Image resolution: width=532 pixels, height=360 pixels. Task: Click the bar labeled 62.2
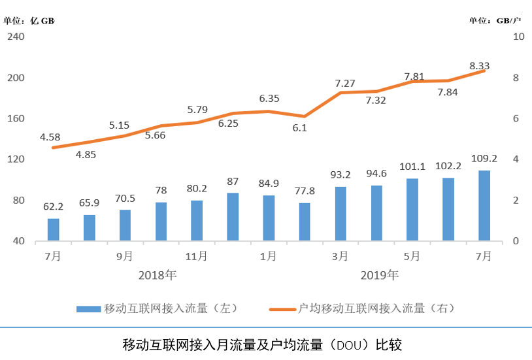point(54,229)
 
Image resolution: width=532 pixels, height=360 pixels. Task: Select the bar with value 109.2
point(484,205)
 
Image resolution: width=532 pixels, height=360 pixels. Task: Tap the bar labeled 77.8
point(305,221)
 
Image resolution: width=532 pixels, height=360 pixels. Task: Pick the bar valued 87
point(233,216)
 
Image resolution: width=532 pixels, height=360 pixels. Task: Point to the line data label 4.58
point(50,137)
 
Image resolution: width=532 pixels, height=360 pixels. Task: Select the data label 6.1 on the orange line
point(300,128)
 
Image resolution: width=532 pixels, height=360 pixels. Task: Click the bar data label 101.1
point(412,167)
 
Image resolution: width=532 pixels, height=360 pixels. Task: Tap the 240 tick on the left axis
point(16,37)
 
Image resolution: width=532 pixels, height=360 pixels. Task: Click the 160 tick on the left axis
point(16,118)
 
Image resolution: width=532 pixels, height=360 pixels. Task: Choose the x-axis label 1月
point(269,256)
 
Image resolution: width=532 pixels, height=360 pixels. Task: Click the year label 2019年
point(380,274)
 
